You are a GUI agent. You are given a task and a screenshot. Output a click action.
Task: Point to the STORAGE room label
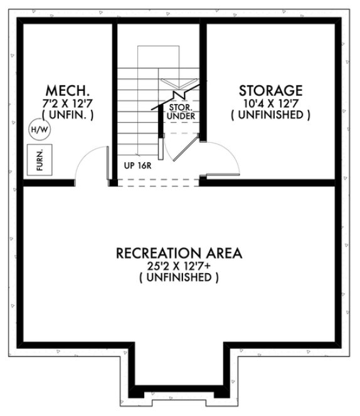[270, 91]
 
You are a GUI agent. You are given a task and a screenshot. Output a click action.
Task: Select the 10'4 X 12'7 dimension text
[270, 103]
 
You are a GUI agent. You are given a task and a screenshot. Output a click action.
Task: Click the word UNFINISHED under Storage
[270, 115]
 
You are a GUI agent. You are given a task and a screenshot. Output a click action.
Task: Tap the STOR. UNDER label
[181, 112]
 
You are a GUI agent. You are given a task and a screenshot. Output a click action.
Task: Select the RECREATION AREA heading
[179, 253]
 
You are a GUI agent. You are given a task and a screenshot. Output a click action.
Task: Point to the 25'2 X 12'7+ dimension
[179, 266]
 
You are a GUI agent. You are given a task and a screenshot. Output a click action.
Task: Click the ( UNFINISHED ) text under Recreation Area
[179, 278]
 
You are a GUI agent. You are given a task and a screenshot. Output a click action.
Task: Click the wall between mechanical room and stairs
[115, 100]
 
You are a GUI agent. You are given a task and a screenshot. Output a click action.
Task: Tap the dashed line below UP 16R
[157, 182]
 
